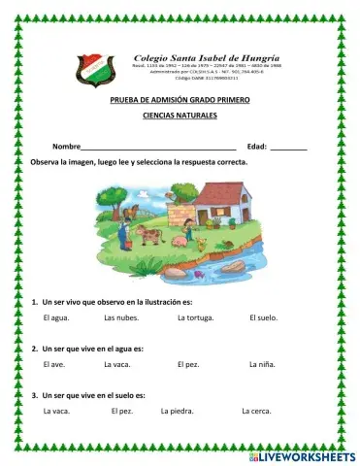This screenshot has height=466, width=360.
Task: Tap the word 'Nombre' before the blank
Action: pyautogui.click(x=67, y=145)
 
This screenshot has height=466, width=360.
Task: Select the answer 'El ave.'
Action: pyautogui.click(x=54, y=364)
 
